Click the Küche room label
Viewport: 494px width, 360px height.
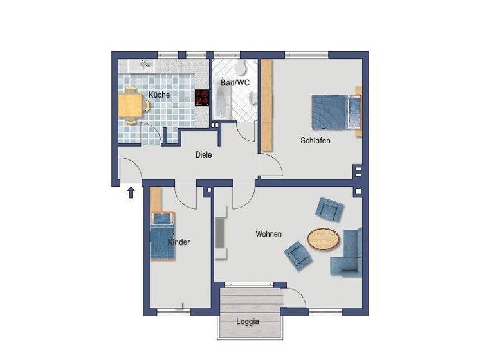pyautogui.click(x=159, y=95)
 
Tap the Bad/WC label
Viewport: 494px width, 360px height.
pyautogui.click(x=235, y=83)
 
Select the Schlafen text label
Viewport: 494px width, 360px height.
pyautogui.click(x=315, y=140)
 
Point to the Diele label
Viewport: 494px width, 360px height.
pyautogui.click(x=204, y=154)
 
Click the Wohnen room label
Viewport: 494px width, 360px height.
pyautogui.click(x=268, y=234)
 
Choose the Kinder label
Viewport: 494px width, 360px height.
pyautogui.click(x=179, y=242)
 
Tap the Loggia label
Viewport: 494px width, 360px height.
pyautogui.click(x=248, y=321)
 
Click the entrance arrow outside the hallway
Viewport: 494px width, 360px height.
pyautogui.click(x=131, y=192)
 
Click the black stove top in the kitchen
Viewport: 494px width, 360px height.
pyautogui.click(x=203, y=98)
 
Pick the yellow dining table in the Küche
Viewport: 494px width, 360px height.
pyautogui.click(x=131, y=105)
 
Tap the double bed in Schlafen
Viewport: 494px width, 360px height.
pyautogui.click(x=336, y=111)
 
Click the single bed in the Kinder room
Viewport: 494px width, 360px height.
pyautogui.click(x=162, y=236)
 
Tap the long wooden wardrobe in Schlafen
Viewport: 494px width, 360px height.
pyautogui.click(x=266, y=105)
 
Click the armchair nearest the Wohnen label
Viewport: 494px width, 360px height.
pyautogui.click(x=298, y=253)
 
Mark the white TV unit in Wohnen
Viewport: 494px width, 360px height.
pyautogui.click(x=221, y=235)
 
